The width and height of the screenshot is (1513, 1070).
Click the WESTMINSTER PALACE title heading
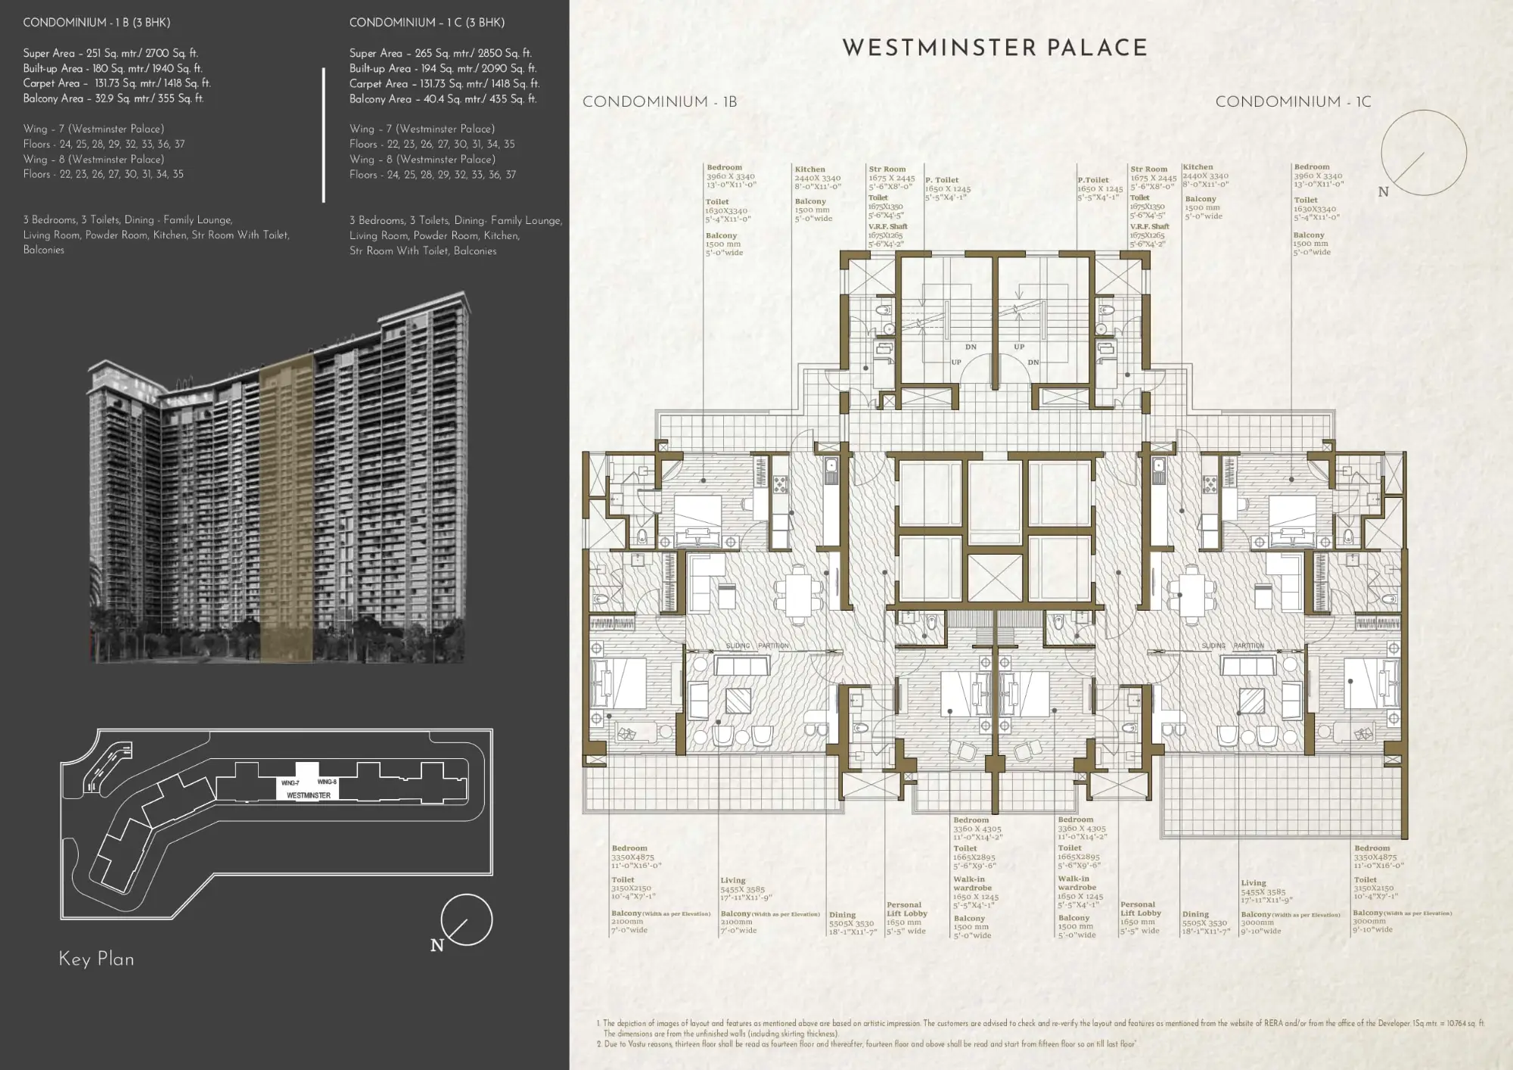coord(995,48)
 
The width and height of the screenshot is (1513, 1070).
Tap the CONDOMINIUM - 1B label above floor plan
coord(659,102)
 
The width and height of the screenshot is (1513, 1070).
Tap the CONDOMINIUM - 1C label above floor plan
coord(1293,102)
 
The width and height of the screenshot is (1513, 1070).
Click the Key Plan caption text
coord(96,959)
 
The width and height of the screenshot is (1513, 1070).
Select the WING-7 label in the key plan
coord(290,783)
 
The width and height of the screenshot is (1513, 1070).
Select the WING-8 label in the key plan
coord(327,782)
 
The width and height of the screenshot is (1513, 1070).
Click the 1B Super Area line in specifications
coord(110,53)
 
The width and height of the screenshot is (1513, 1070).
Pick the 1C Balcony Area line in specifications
coord(443,99)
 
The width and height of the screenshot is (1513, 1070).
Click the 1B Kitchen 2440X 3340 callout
coord(817,178)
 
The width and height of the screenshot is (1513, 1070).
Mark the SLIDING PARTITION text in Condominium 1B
coord(756,645)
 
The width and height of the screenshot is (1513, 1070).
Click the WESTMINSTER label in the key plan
coord(308,795)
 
